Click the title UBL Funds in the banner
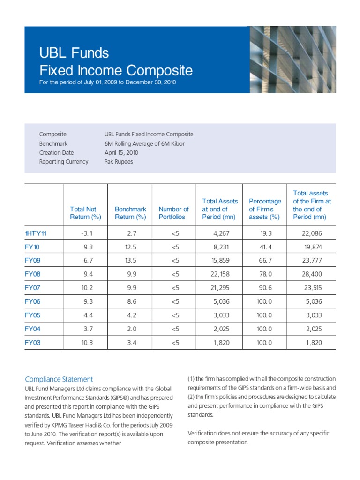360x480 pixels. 74,53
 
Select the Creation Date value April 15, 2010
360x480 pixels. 121,153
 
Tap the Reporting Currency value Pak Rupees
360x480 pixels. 119,162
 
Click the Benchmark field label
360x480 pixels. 53,143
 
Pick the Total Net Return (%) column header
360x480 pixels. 85,213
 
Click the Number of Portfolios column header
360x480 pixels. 173,213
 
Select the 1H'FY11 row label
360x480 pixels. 36,233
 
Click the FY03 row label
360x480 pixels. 32,343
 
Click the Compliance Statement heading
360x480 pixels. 59,379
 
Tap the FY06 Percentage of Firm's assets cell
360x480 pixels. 264,301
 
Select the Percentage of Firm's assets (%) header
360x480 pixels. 265,209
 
